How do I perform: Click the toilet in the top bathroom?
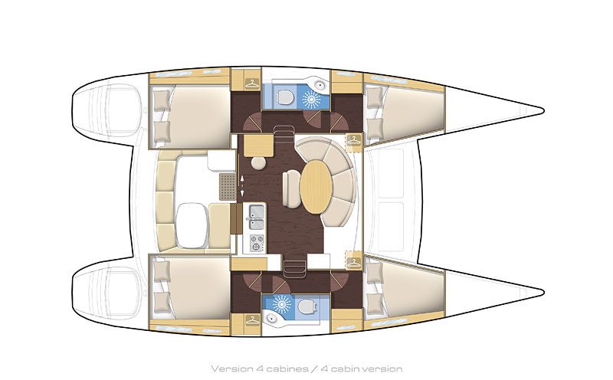coord(285,97)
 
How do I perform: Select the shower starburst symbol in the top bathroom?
coord(310,98)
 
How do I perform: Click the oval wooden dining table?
coord(315,186)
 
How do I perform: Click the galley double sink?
coord(255,215)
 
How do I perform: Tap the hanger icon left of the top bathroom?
coord(251,83)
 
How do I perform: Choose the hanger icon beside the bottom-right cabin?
coord(353,260)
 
